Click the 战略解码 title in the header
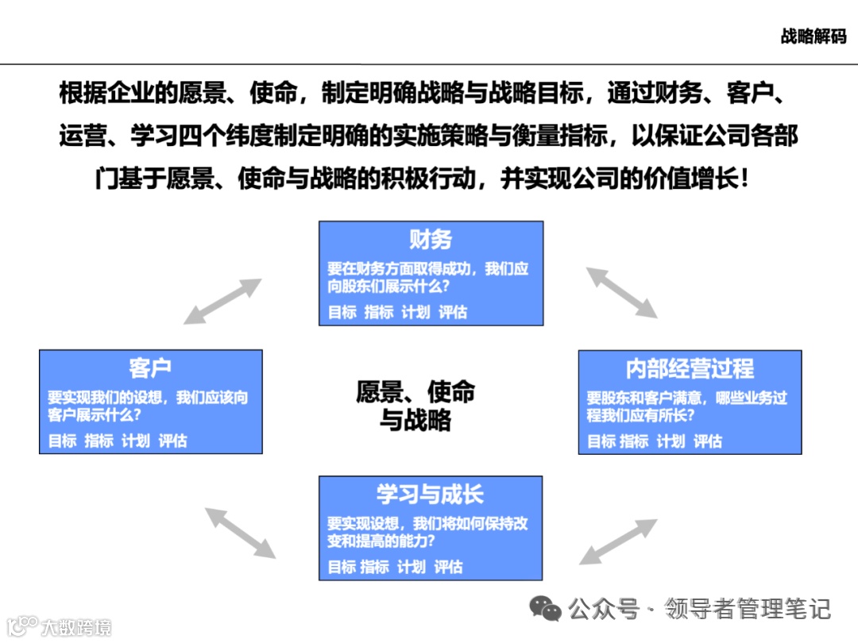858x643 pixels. point(814,37)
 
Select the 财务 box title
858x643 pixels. point(431,239)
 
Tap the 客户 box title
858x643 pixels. point(150,368)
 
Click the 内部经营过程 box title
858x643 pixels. point(690,368)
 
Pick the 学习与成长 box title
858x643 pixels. point(430,495)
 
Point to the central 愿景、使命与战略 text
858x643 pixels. point(415,405)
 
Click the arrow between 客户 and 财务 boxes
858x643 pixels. point(222,301)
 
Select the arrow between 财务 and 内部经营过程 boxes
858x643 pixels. point(622,292)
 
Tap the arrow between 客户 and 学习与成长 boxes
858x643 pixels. point(241,532)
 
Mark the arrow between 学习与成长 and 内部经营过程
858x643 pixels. point(618,541)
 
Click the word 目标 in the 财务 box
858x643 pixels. point(342,313)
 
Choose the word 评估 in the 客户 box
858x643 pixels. point(172,441)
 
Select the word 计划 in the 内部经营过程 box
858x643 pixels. point(671,441)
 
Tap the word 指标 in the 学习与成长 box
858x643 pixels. point(375,568)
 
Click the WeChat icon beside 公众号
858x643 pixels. point(546,610)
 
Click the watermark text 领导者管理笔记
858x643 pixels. point(748,610)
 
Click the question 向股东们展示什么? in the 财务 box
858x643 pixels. point(388,287)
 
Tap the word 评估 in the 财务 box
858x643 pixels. point(453,313)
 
